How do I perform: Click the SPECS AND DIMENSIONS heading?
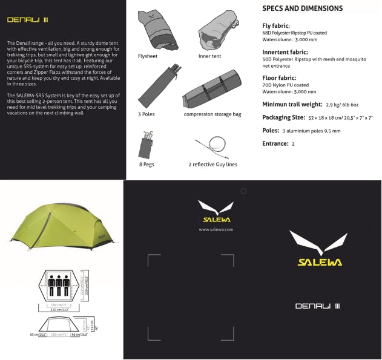coord(302,8)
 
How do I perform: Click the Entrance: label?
coord(275,143)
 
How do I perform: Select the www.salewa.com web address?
coord(216,229)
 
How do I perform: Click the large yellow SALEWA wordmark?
coord(320,262)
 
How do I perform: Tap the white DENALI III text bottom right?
coord(318,306)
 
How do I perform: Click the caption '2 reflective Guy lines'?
coord(212,164)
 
